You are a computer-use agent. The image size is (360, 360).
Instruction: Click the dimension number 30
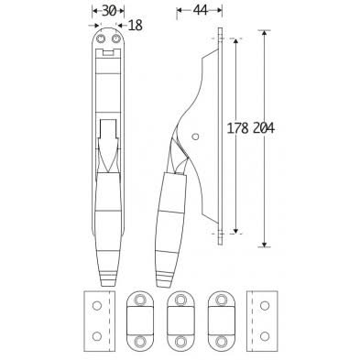[109, 10]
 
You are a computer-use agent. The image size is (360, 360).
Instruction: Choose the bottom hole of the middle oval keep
[178, 341]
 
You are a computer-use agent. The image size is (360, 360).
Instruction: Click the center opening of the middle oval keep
[178, 321]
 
